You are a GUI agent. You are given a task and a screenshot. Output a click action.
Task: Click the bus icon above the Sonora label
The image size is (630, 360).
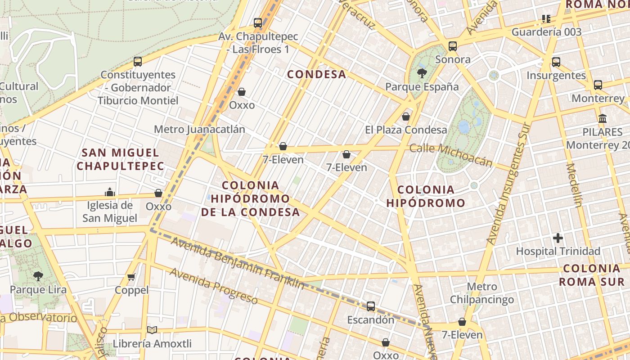453,46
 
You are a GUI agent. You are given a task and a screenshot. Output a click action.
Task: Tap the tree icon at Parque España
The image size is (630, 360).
422,73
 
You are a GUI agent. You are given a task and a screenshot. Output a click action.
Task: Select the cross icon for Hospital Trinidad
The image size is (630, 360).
558,238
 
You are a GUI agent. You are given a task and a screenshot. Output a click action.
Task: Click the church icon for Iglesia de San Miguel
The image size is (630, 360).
110,192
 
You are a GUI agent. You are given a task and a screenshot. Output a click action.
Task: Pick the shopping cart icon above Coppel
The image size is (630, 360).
131,277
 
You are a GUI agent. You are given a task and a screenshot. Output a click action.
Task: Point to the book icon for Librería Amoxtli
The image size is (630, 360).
152,330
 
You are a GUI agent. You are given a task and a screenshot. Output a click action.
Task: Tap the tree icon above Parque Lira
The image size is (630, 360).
38,276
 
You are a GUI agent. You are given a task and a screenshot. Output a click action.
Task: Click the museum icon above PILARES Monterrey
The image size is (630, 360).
602,118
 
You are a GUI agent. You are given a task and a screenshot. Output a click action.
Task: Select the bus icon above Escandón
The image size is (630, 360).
370,306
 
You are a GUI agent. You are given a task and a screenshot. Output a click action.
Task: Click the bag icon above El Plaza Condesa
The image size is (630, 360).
406,117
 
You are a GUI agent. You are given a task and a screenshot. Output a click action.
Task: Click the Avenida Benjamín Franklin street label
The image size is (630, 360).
237,263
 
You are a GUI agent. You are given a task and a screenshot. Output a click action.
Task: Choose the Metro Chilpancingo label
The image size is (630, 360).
482,293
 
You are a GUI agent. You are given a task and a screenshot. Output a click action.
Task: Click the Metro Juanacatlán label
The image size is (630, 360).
199,130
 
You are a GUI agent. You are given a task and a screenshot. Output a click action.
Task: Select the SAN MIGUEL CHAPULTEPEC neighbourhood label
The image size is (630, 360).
120,159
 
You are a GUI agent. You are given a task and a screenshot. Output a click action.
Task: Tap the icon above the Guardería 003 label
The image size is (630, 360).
546,19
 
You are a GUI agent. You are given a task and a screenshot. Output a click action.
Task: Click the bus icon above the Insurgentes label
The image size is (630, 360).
556,62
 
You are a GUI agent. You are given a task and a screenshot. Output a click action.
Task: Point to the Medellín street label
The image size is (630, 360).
574,185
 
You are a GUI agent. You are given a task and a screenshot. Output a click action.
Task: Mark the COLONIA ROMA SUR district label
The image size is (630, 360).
591,275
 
